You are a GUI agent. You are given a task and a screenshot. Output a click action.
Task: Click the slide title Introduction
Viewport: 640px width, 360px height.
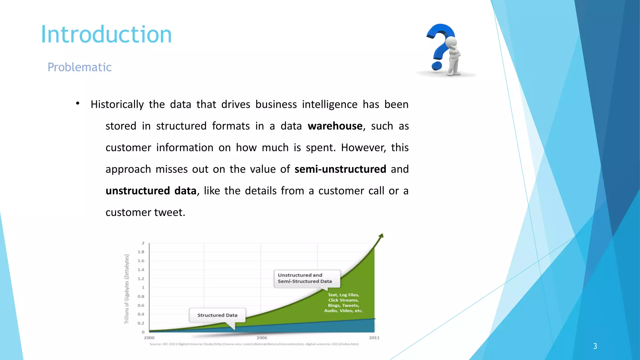tap(106, 34)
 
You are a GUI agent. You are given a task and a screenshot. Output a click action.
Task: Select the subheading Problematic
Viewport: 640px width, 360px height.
tap(79, 67)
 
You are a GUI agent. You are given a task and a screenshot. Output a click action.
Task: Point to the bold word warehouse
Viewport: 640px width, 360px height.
tap(335, 126)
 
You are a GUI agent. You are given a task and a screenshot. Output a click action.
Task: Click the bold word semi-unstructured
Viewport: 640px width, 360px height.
tap(340, 169)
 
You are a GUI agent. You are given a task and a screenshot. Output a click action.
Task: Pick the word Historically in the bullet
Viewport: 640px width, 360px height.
tap(117, 104)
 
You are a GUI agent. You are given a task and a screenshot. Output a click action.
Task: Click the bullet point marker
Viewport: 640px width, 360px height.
tap(77, 103)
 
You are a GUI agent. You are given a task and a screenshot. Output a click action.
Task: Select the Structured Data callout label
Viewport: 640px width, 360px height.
tap(217, 315)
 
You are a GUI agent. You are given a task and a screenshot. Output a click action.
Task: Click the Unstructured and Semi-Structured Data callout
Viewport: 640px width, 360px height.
tap(305, 278)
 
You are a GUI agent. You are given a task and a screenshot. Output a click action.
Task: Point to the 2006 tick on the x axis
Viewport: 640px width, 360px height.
tap(262, 338)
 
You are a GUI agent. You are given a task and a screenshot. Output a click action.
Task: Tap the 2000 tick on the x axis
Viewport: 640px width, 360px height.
tap(149, 338)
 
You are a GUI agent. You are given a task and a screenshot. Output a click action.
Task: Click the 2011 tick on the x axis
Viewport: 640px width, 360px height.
tap(374, 338)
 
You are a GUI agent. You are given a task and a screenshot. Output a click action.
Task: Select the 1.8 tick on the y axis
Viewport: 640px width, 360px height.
tap(141, 252)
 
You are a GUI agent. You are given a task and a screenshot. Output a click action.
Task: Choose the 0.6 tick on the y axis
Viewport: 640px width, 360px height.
tap(141, 305)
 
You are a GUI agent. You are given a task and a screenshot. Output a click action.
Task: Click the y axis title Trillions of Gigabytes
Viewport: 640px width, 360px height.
tap(127, 289)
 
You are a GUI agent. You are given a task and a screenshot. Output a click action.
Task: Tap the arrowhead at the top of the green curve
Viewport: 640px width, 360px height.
tap(381, 236)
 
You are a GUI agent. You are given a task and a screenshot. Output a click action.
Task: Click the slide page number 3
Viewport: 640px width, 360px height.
tap(595, 346)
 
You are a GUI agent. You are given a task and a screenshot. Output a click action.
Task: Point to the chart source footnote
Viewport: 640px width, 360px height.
tap(254, 344)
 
